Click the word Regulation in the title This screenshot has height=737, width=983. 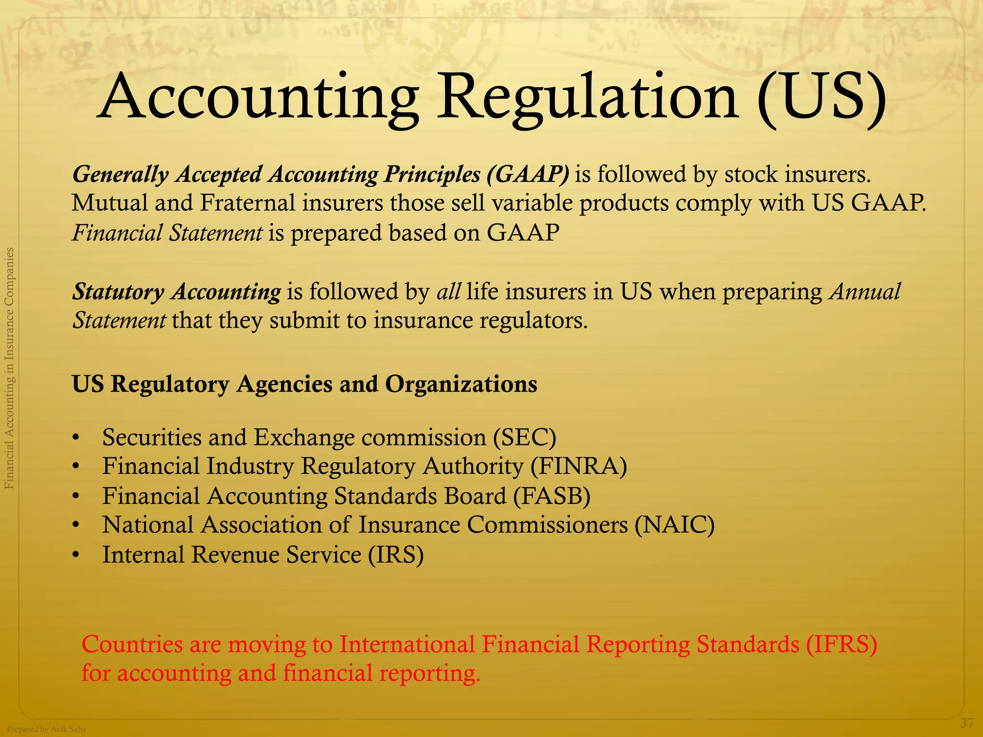(588, 98)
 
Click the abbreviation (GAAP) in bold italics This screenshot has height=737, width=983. (527, 174)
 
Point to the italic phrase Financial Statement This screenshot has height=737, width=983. (167, 233)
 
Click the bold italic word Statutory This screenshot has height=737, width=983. (118, 292)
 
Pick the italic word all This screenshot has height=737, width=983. (449, 292)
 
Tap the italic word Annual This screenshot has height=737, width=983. (865, 292)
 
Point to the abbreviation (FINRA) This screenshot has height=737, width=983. (578, 466)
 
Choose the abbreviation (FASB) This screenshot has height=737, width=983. (551, 496)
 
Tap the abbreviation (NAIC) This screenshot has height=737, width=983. (674, 525)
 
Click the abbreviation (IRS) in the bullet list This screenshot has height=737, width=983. (396, 555)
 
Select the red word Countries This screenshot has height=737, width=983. (132, 644)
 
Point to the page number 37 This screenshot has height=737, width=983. (967, 723)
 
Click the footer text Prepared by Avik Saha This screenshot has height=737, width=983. (47, 729)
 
